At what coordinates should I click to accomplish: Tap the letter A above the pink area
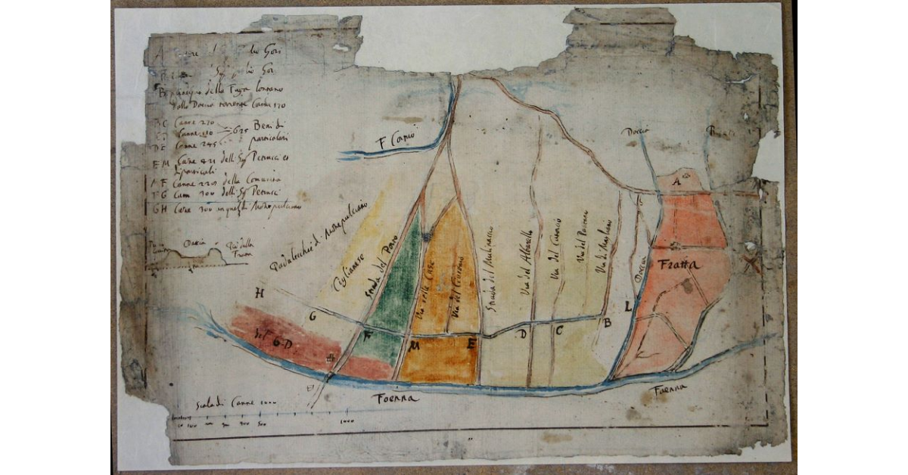[677, 182]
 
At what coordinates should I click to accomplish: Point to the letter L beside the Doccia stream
[628, 306]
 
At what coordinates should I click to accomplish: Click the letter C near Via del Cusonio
[558, 330]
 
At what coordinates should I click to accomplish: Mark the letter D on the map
[521, 333]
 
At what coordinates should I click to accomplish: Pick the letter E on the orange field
[471, 345]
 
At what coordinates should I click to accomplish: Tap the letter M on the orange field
[415, 346]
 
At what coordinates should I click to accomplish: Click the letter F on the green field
[368, 336]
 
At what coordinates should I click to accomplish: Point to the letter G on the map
[312, 316]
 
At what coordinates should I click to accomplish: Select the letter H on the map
[260, 293]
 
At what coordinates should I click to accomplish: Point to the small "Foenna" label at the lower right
[671, 388]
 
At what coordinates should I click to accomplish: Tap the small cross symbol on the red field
[329, 359]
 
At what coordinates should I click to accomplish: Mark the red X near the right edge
[751, 263]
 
